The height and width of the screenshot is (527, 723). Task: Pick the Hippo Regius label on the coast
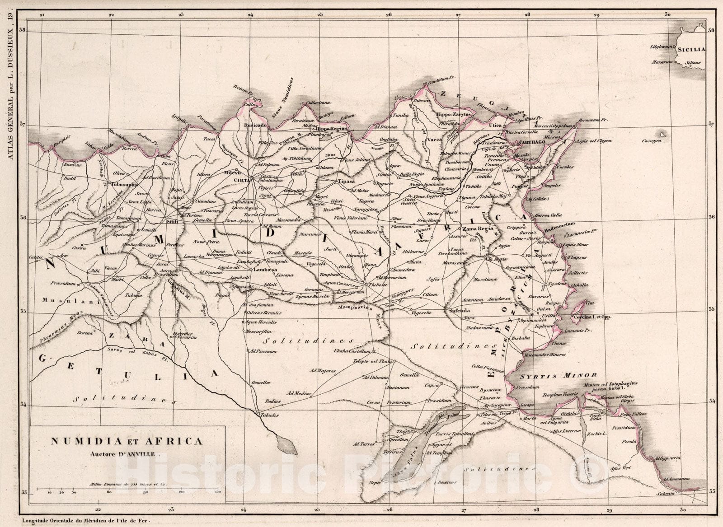[333, 129]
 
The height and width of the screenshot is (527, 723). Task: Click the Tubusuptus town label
[126, 184]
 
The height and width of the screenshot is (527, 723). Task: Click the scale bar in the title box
[127, 489]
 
